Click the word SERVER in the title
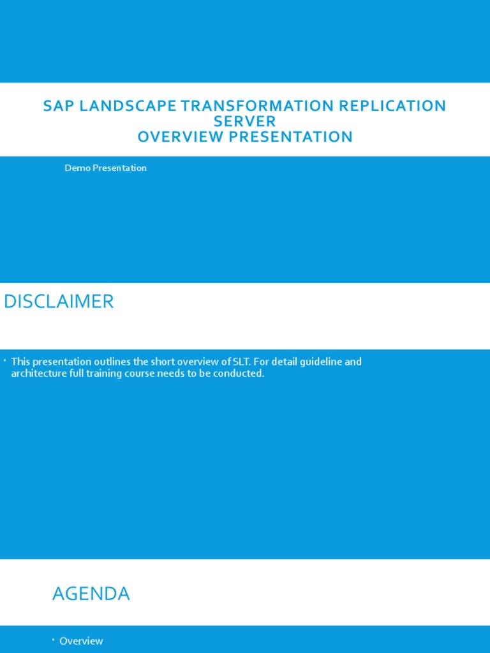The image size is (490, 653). coord(245,121)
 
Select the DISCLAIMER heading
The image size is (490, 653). coord(59,302)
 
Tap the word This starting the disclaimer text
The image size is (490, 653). coord(20,362)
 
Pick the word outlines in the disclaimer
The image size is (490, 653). coord(113,362)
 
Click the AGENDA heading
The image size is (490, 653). coord(91,594)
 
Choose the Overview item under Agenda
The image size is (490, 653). coord(81,641)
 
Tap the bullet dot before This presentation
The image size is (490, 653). coord(4,361)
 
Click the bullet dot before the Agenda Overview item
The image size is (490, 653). coord(53,640)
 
